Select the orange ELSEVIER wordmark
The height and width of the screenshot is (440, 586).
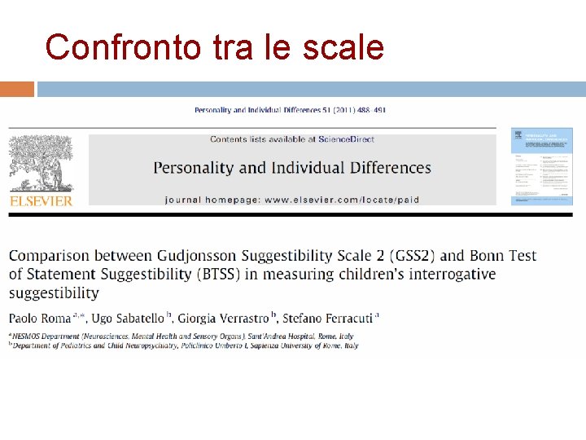pos(41,200)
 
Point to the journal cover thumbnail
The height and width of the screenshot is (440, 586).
pos(541,166)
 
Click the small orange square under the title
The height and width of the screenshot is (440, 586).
pos(17,89)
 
